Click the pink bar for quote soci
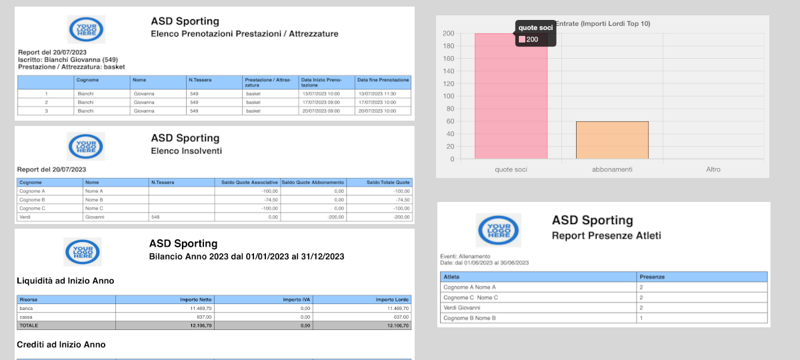tap(511, 100)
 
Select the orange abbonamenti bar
tap(612, 140)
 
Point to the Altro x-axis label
tap(713, 169)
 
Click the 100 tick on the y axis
tap(449, 96)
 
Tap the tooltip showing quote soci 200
tap(535, 33)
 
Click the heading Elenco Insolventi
tap(186, 151)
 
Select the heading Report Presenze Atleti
tap(606, 235)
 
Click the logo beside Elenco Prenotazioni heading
tap(86, 29)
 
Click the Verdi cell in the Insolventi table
tap(27, 217)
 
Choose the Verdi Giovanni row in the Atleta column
tap(461, 307)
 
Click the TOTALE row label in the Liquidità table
tap(29, 325)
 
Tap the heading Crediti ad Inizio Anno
tap(61, 345)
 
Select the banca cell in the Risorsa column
tap(27, 309)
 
